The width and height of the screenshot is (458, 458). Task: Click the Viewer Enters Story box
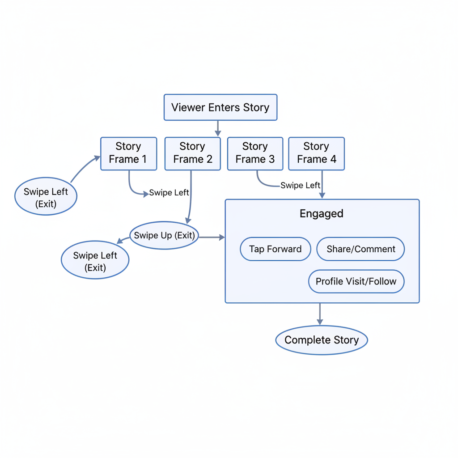coord(221,107)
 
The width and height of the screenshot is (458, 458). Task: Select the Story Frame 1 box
coord(128,153)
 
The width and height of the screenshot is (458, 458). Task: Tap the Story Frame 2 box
coord(192,153)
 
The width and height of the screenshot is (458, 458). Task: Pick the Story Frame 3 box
coord(255,153)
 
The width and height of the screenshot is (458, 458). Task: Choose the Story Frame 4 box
coord(316,153)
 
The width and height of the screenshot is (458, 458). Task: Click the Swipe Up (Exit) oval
coord(165,235)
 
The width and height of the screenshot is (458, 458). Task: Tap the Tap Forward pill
coord(275,249)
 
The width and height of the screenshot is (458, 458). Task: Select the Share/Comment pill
coord(360,249)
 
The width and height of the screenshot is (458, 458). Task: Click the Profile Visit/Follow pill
coord(356,281)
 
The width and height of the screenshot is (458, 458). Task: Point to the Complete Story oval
coord(321,340)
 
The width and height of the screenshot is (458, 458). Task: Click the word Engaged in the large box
coord(321,213)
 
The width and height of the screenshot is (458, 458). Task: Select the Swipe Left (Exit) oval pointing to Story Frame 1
coord(46,197)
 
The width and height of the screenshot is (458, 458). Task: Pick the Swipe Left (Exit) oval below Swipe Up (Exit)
coord(95,261)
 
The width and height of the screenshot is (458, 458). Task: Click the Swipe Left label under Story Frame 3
coord(300,185)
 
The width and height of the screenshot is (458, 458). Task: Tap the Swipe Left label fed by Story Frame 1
coord(169,193)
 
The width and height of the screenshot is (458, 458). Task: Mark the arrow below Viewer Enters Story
coord(218,128)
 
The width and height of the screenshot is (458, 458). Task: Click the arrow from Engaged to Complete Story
coord(320,314)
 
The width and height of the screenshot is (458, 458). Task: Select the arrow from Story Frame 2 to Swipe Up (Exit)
coord(191,197)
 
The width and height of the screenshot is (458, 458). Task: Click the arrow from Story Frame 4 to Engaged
coord(322,184)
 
